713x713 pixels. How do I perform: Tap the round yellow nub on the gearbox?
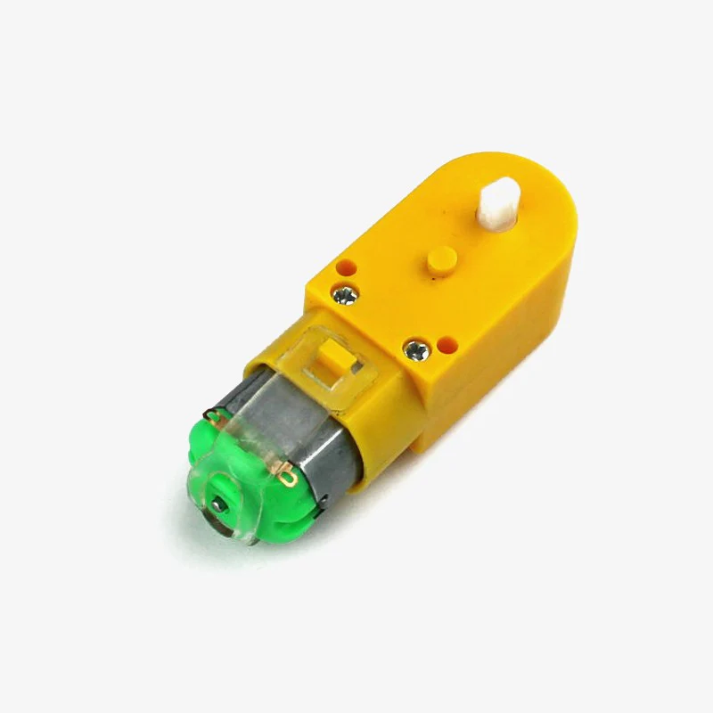tap(438, 259)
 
